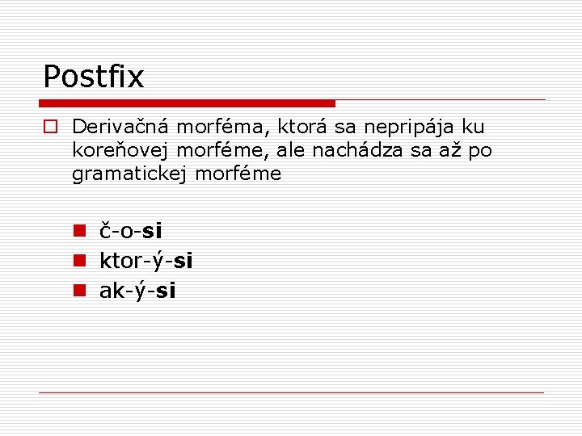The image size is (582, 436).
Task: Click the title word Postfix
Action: click(x=93, y=77)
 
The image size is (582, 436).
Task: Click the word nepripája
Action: click(x=410, y=127)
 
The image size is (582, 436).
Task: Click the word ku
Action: click(x=473, y=127)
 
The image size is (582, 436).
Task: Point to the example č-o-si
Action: click(x=130, y=231)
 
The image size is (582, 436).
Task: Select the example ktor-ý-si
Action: click(x=145, y=261)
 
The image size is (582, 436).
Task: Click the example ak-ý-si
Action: click(x=137, y=291)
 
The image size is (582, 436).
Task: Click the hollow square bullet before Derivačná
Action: click(x=50, y=127)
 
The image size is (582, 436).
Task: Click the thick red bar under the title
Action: click(x=187, y=103)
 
